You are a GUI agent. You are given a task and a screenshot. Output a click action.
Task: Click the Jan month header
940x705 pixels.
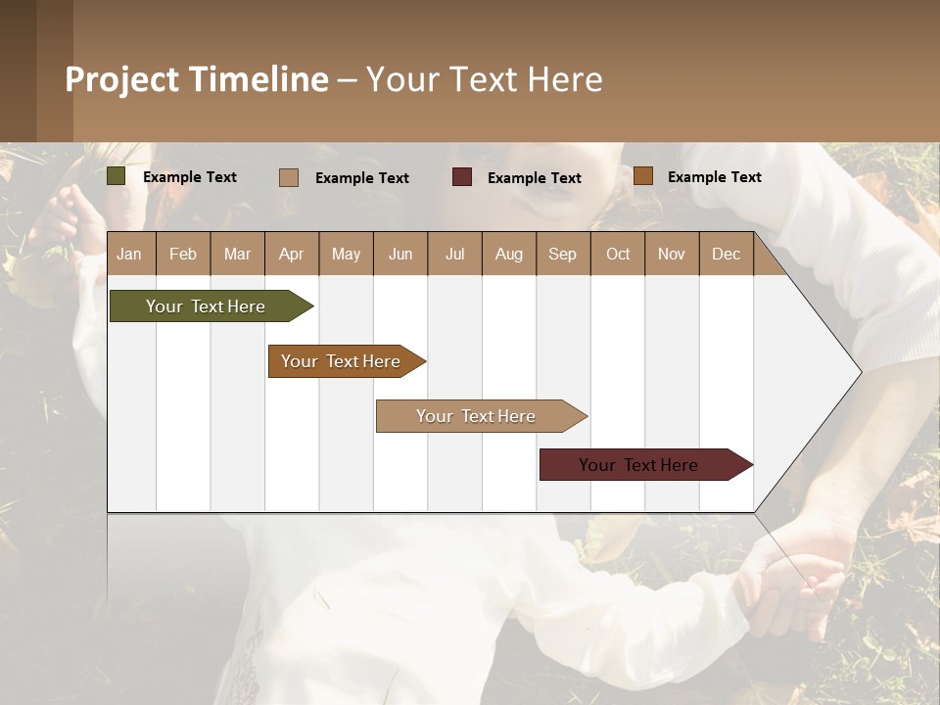click(x=129, y=254)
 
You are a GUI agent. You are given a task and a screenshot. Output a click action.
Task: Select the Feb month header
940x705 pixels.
click(x=183, y=254)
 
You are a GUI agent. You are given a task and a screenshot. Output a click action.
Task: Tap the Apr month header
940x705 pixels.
click(x=291, y=254)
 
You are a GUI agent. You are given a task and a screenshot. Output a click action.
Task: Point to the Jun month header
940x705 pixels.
click(x=400, y=254)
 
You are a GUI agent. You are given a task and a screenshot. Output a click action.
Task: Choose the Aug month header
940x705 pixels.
click(x=508, y=254)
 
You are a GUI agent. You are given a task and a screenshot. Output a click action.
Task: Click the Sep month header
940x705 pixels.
click(x=562, y=254)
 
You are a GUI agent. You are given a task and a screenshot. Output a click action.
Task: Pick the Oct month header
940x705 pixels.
click(x=618, y=254)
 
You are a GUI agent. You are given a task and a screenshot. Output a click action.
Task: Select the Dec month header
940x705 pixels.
click(x=726, y=254)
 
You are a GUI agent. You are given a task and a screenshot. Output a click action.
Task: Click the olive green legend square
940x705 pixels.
click(x=117, y=176)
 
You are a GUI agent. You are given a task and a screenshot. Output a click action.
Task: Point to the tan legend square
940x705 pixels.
click(x=289, y=177)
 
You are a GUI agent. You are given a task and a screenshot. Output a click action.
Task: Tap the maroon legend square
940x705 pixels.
click(x=462, y=177)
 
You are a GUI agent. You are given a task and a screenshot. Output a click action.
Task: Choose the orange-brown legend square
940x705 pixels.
click(x=643, y=176)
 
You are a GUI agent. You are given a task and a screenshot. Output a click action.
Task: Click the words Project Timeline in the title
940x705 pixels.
click(x=197, y=79)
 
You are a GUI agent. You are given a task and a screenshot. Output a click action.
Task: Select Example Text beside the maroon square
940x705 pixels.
click(x=534, y=178)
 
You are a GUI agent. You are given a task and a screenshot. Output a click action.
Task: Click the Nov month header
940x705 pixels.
click(x=672, y=254)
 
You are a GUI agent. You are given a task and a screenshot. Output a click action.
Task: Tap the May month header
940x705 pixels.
click(x=346, y=254)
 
